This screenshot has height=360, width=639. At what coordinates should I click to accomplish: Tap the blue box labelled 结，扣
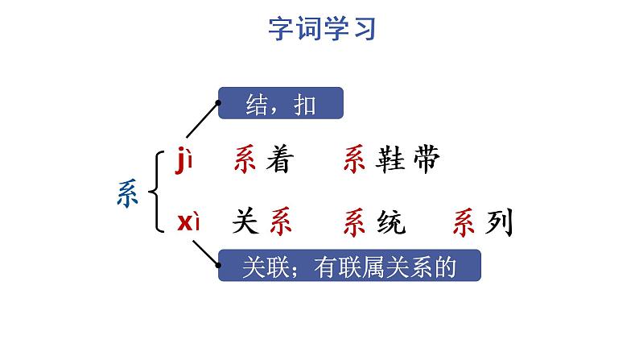click(x=281, y=104)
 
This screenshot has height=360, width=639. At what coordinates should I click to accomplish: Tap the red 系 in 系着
click(x=245, y=161)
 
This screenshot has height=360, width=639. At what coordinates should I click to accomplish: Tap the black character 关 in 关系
click(x=245, y=221)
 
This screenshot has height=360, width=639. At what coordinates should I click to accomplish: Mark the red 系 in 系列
click(x=467, y=221)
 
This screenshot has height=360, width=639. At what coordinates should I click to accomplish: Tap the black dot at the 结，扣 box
click(x=219, y=104)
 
